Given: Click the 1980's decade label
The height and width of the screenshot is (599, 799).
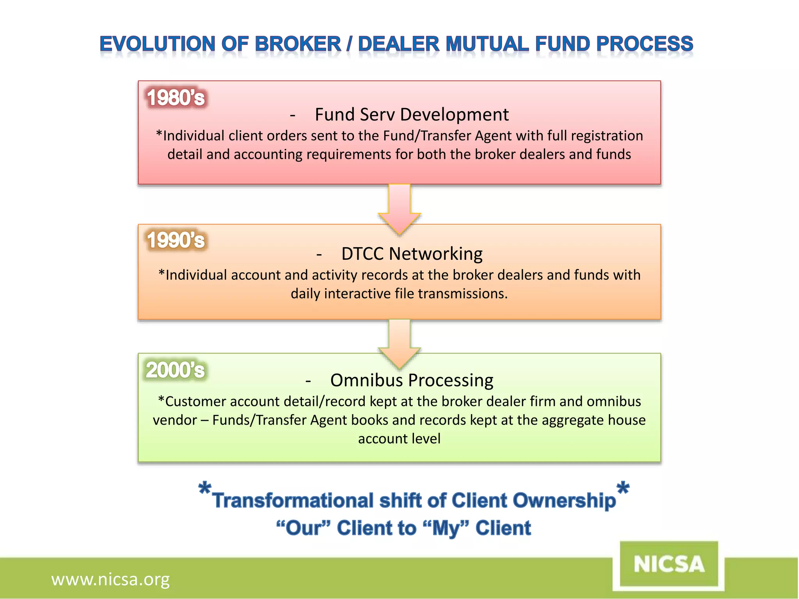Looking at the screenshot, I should (176, 97).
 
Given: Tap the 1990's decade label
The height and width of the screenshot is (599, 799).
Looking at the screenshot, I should (176, 240).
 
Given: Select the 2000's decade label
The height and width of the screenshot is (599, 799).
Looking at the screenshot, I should (175, 370).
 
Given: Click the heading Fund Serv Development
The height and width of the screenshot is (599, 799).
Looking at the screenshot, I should (411, 115).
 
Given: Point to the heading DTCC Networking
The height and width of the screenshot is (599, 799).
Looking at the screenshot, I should (412, 254).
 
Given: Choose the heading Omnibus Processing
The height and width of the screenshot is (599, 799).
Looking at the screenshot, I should (412, 380).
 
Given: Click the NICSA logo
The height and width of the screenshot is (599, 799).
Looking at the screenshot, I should (669, 564).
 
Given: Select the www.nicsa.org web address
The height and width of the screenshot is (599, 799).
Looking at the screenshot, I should (110, 580).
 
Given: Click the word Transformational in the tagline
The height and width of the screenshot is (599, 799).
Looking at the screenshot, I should (293, 501).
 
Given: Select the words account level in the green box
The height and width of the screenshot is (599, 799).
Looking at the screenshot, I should (399, 439).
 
